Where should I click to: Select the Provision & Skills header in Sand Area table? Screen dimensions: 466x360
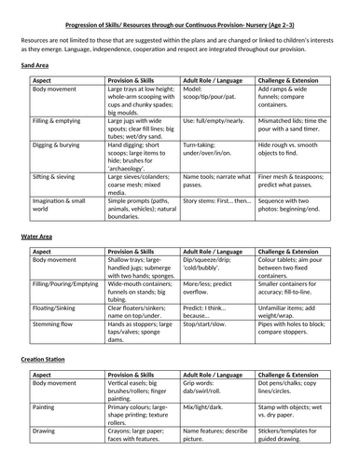pyautogui.click(x=133, y=81)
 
